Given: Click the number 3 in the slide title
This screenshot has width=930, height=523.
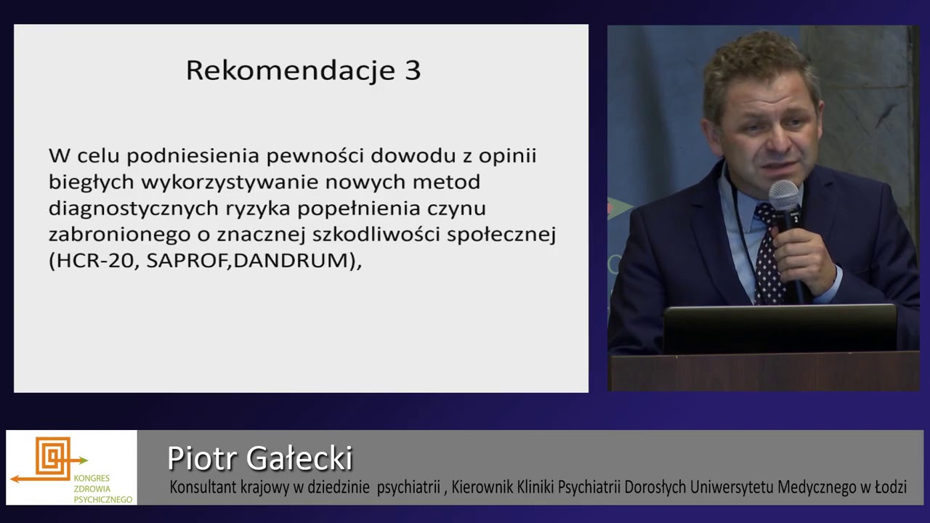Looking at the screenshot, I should tap(411, 70).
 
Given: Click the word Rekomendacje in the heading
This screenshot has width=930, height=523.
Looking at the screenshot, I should tap(289, 70).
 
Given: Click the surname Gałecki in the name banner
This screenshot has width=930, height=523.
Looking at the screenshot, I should tap(299, 458).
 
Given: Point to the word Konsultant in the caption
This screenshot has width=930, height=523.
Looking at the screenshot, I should tap(203, 487).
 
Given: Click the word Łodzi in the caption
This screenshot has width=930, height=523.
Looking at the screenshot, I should tap(888, 487).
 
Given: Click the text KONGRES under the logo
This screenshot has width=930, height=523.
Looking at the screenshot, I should tap(92, 478).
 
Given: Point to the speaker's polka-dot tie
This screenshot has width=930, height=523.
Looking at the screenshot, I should tap(767, 254).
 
